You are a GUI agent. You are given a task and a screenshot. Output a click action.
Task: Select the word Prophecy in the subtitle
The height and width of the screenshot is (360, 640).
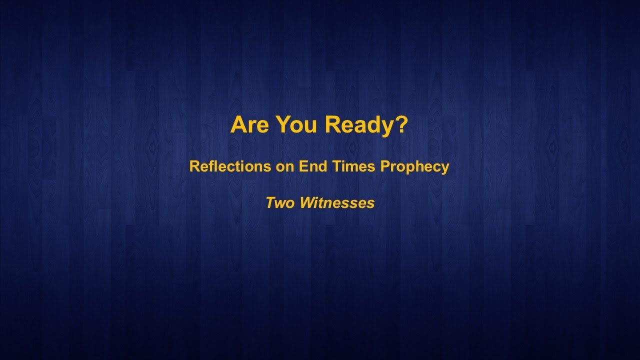point(415,166)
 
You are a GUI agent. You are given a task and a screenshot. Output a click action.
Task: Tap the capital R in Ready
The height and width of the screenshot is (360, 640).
point(332,125)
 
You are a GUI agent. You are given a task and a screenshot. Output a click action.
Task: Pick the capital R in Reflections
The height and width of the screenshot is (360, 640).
point(194,166)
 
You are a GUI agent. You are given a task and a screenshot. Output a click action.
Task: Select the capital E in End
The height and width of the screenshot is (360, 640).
point(302,166)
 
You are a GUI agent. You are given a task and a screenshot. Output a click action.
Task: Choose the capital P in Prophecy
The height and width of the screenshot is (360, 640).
point(385,166)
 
